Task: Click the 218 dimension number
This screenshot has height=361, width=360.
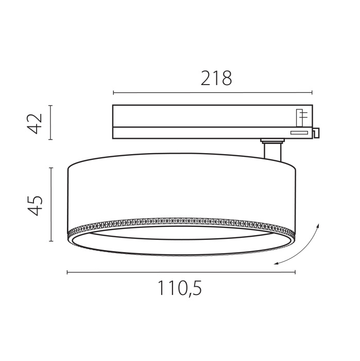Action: click(216, 78)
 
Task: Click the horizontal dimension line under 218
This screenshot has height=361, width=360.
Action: click(212, 93)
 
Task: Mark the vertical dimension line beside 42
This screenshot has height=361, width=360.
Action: click(50, 122)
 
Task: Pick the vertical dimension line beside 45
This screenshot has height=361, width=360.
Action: click(50, 204)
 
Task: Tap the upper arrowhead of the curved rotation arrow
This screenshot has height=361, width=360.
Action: click(318, 225)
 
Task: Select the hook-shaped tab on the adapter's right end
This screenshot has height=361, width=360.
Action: click(316, 133)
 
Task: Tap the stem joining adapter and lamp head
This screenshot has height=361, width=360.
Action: click(271, 151)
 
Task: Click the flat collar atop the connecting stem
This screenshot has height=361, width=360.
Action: click(271, 140)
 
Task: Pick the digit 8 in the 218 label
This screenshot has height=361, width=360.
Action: click(226, 78)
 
